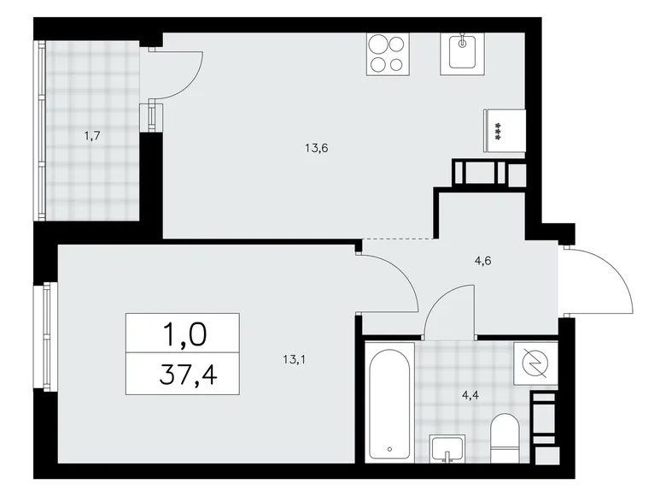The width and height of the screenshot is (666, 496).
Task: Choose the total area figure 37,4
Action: point(184,373)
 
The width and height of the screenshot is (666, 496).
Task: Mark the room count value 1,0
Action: point(184,333)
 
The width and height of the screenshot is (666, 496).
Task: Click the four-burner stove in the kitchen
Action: point(386,54)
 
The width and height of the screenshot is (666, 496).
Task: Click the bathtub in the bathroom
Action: point(389,402)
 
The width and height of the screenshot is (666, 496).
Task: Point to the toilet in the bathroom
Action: point(507,438)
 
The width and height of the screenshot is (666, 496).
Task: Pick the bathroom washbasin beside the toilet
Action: point(447,447)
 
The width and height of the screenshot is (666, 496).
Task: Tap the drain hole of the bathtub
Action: point(389,448)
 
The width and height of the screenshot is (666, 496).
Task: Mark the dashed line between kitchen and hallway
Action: point(399,238)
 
